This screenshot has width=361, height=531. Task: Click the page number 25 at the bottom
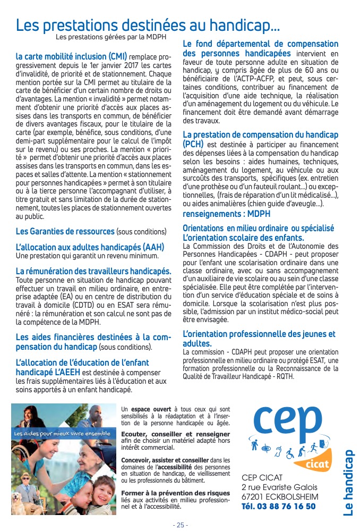pyautogui.click(x=180, y=525)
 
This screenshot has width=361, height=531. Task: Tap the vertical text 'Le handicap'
pyautogui.click(x=348, y=483)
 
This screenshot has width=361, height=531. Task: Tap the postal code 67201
pyautogui.click(x=253, y=496)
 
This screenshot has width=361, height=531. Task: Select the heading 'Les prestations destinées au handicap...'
pyautogui.click(x=148, y=24)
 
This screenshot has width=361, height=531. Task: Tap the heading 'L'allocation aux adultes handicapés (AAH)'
pyautogui.click(x=90, y=247)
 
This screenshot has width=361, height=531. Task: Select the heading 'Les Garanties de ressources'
pyautogui.click(x=65, y=231)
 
